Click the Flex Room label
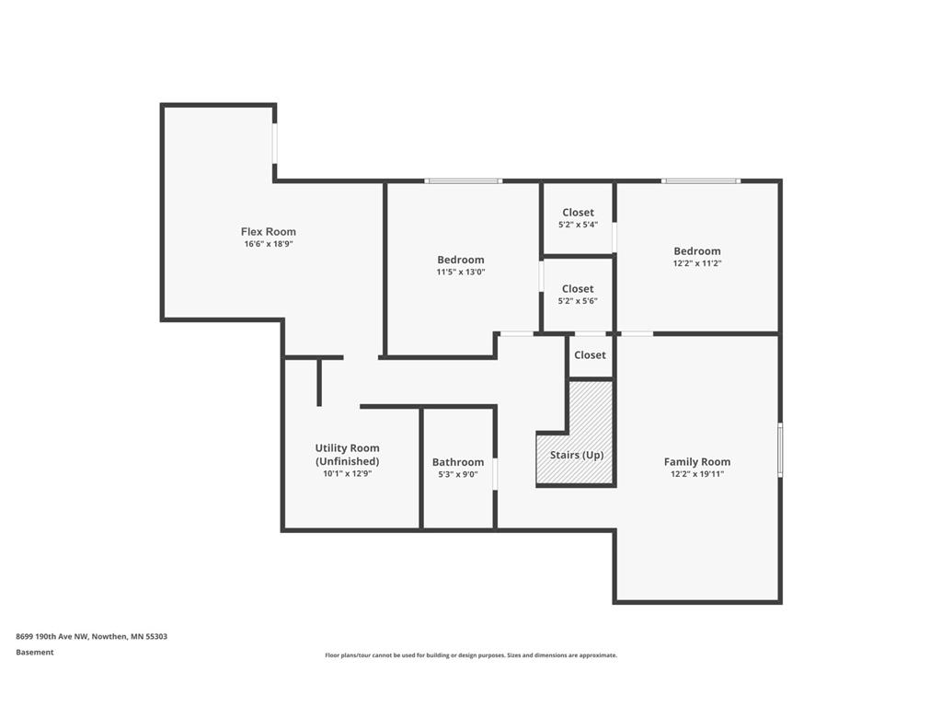[x=268, y=231]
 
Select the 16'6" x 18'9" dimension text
[x=268, y=244]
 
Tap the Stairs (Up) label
[x=577, y=455]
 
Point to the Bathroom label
[x=458, y=462]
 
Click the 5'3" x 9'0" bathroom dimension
[x=458, y=474]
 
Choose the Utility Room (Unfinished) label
[x=347, y=455]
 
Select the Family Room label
[x=697, y=462]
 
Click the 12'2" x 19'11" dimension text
[x=697, y=474]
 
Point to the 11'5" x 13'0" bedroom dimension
[x=461, y=272]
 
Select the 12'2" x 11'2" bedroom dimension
[x=697, y=263]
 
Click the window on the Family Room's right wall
[x=780, y=449]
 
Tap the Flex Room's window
[x=275, y=143]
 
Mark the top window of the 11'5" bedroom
[x=464, y=180]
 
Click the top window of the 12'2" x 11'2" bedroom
[x=701, y=180]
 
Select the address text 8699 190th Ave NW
[x=53, y=636]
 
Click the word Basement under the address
[x=35, y=653]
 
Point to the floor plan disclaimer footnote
[x=471, y=655]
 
